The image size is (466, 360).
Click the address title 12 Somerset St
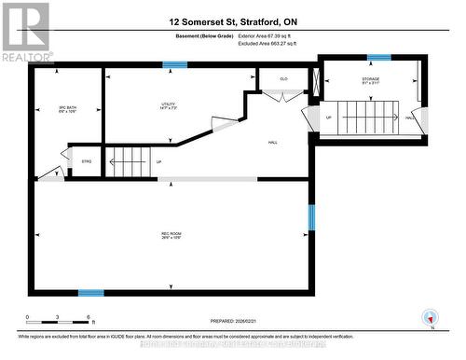pyautogui.click(x=233, y=20)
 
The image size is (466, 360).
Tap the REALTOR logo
pyautogui.click(x=25, y=32)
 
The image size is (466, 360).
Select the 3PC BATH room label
pyautogui.click(x=66, y=110)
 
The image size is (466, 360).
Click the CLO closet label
pyautogui.click(x=283, y=79)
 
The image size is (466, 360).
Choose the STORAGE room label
pyautogui.click(x=371, y=79)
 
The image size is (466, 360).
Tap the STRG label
pyautogui.click(x=88, y=161)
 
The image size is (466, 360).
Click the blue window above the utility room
pyautogui.click(x=173, y=65)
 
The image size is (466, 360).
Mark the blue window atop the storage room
pyautogui.click(x=378, y=57)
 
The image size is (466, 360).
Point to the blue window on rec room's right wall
pyautogui.click(x=312, y=216)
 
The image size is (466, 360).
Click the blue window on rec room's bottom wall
pyautogui.click(x=90, y=292)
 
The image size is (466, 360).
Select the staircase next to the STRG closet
pyautogui.click(x=126, y=161)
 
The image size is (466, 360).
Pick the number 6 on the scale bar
pyautogui.click(x=88, y=318)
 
